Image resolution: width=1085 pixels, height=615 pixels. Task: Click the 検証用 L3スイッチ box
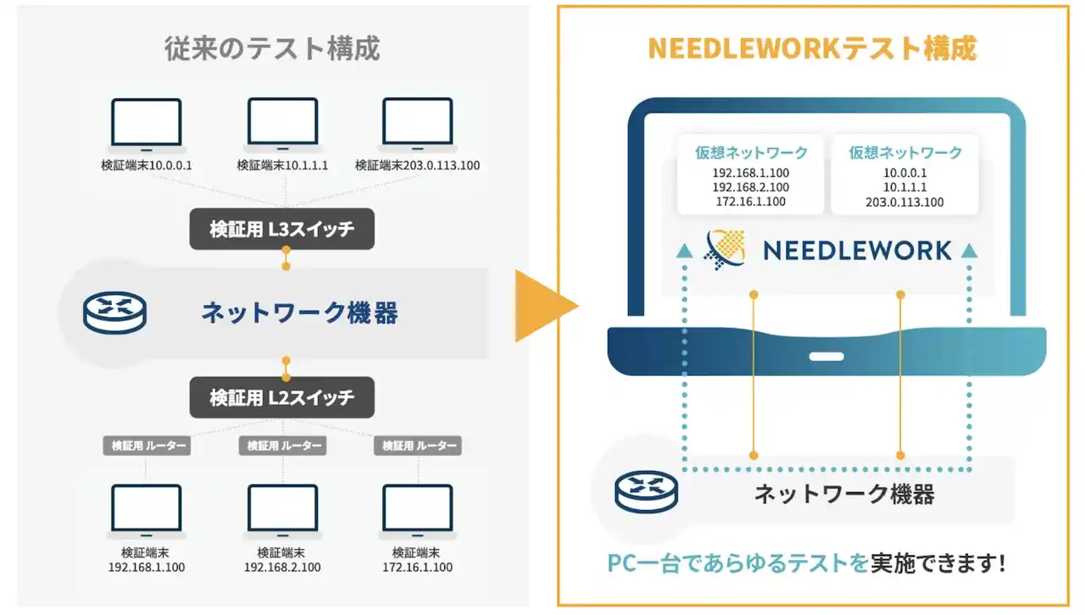tap(282, 229)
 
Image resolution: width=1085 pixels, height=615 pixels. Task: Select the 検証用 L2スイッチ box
tap(282, 397)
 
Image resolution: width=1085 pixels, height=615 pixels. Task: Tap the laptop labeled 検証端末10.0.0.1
tap(147, 125)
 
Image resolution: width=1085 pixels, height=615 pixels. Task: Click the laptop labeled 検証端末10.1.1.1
tap(283, 125)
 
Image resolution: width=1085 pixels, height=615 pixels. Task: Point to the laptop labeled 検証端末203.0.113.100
tap(418, 125)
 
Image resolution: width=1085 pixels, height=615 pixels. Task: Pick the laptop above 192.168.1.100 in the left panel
tap(147, 512)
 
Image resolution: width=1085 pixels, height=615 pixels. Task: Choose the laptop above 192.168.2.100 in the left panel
tap(283, 512)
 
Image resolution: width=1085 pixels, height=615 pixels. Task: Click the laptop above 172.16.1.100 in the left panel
tap(418, 512)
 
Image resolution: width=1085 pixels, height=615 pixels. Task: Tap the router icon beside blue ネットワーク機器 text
tap(114, 313)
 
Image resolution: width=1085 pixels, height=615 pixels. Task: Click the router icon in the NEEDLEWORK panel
tap(647, 492)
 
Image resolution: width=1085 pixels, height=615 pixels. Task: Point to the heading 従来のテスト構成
tap(272, 48)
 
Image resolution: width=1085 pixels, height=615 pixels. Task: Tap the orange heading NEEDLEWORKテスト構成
tap(812, 48)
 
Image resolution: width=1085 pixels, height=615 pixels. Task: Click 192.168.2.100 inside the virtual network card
tap(750, 187)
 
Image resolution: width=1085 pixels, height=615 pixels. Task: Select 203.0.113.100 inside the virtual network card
tap(904, 202)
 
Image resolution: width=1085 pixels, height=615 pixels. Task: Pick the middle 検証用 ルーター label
tap(282, 446)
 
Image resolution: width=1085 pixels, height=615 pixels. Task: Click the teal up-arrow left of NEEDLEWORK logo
tap(684, 251)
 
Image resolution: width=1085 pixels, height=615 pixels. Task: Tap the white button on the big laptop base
tap(826, 357)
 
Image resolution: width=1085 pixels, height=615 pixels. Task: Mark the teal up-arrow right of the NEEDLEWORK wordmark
tap(969, 251)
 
